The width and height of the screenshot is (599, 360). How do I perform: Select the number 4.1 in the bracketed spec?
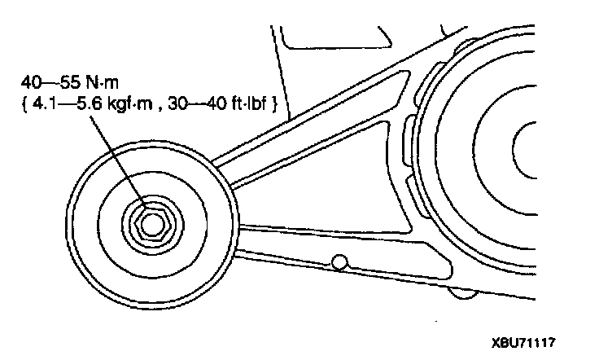click(50, 103)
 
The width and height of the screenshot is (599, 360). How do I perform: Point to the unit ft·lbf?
click(252, 103)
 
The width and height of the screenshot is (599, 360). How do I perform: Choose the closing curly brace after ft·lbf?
click(278, 104)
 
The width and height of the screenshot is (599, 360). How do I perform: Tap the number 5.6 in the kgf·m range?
click(99, 103)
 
